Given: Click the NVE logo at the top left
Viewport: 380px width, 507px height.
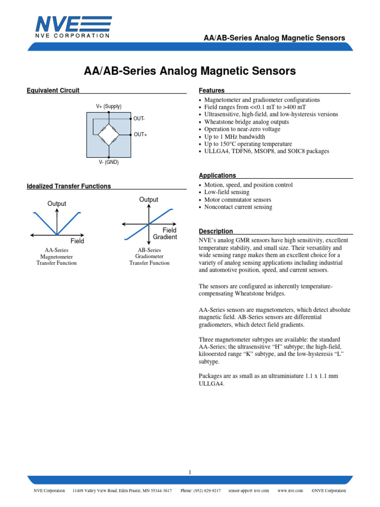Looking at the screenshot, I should point(73,27).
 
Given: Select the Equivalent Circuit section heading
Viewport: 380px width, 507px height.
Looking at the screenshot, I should point(53,90).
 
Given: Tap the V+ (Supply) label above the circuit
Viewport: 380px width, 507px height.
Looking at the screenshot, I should point(109,106).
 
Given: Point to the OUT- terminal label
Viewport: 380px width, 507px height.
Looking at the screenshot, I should point(139,119).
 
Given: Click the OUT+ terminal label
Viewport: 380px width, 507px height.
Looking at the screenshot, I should point(140,135).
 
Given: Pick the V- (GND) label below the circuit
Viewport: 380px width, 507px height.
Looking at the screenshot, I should point(109,162).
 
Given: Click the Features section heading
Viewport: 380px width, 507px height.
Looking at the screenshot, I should point(212,91).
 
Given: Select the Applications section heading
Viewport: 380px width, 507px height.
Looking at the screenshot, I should point(217,175).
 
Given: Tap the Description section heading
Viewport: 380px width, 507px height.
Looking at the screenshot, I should point(216,231).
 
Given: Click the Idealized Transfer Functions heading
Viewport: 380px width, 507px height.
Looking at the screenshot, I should point(68,186).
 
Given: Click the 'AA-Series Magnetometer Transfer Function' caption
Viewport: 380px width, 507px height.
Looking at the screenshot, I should point(56,256).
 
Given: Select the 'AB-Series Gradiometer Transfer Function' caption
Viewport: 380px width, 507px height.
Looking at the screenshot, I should point(149,256).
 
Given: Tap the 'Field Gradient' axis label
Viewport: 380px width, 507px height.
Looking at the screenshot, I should point(165,234).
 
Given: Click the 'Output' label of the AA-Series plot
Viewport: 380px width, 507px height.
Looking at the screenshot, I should point(57,203).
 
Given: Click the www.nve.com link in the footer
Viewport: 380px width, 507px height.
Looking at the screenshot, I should point(290,491).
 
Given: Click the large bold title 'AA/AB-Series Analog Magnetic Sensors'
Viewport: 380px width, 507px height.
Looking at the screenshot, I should point(190,71).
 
